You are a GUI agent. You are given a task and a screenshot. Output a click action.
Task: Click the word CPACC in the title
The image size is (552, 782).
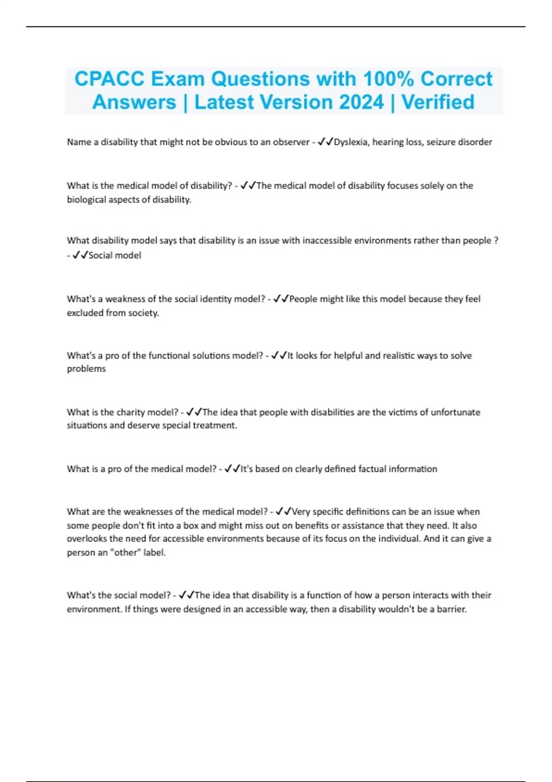[109, 79]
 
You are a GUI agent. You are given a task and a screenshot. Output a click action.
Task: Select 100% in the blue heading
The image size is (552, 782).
[388, 79]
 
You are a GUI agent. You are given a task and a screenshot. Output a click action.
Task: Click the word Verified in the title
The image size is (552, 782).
[438, 102]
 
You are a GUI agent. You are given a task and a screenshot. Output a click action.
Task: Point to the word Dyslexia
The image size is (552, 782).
[351, 142]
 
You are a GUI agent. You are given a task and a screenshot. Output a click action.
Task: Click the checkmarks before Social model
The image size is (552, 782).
[80, 255]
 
